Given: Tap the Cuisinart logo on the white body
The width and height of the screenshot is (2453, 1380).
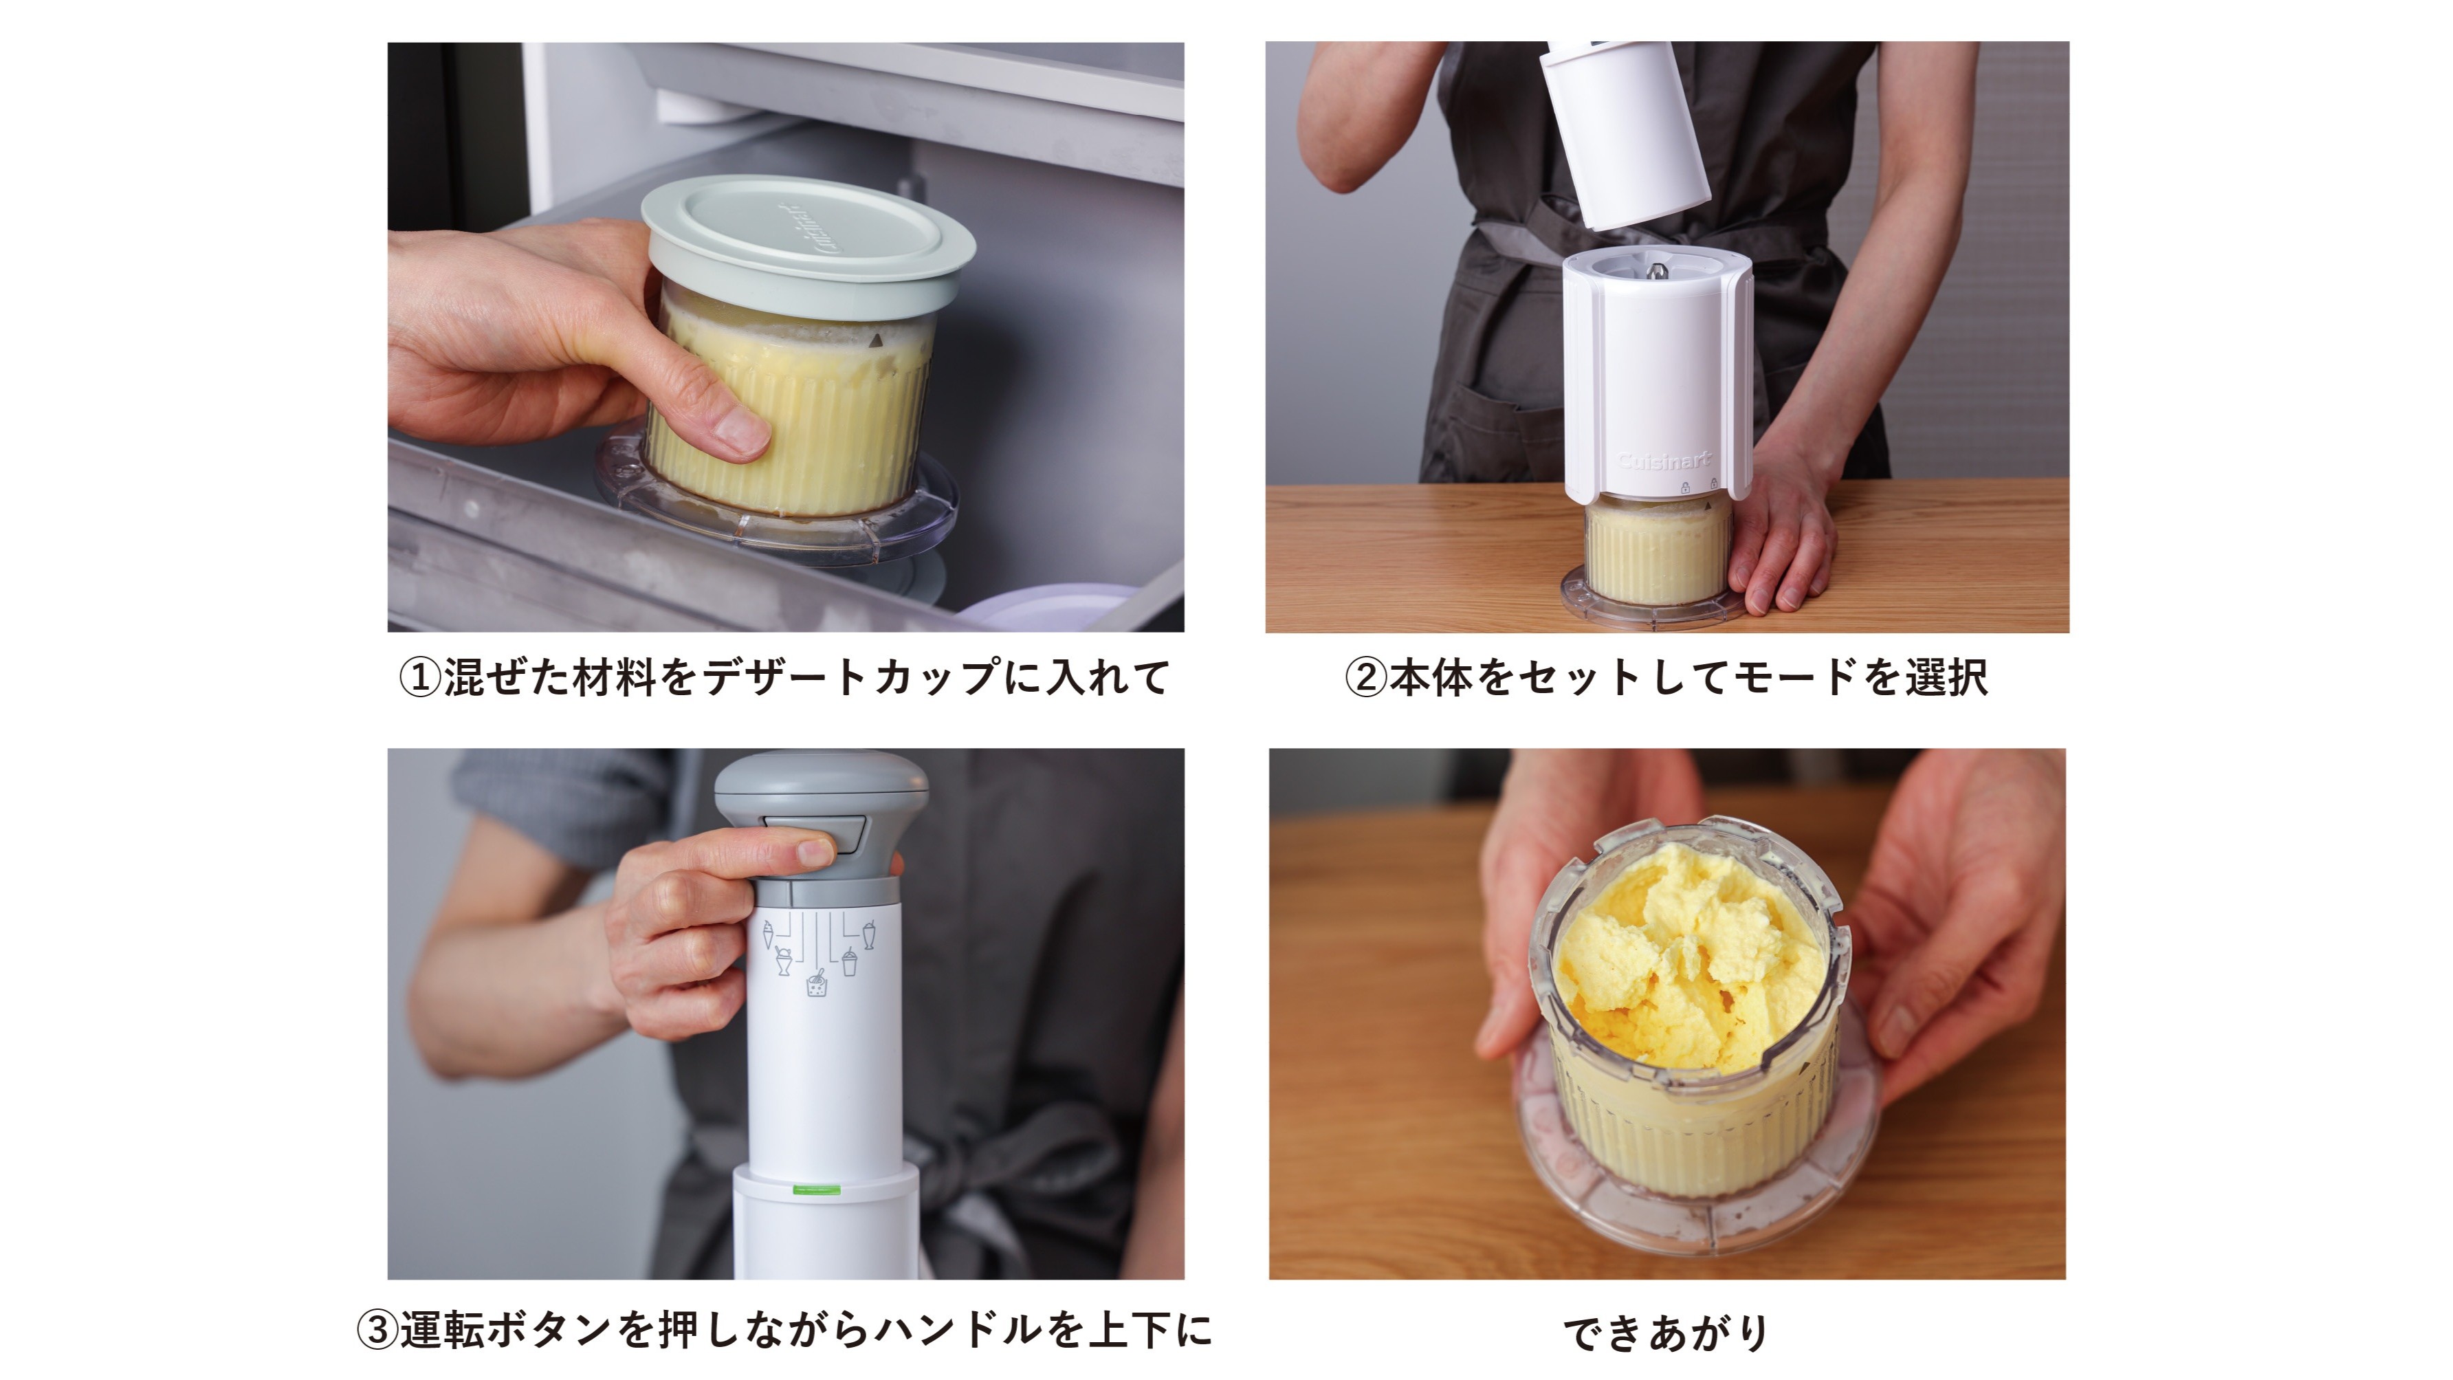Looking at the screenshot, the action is (1664, 463).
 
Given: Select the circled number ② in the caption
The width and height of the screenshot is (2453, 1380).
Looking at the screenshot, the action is (1365, 678).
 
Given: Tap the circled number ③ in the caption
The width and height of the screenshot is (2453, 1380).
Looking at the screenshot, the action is (377, 1330).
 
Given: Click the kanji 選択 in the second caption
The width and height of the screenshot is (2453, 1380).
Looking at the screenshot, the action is (1946, 678).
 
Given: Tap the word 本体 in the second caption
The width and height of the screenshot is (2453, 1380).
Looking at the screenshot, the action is (1431, 678).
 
